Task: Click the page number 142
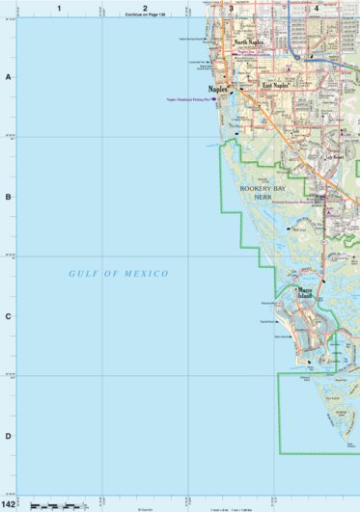(9, 504)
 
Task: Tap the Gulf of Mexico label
(119, 274)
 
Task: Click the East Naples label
(275, 85)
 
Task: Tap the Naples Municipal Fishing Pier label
(188, 98)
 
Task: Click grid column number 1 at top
(59, 8)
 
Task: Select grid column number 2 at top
(145, 8)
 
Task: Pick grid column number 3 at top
(231, 8)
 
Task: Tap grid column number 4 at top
(317, 8)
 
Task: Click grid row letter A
(8, 77)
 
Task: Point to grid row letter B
(8, 197)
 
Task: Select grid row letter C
(8, 316)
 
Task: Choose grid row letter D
(8, 436)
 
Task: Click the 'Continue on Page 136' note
(145, 16)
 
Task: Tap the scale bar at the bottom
(53, 505)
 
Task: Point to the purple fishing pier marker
(213, 98)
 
